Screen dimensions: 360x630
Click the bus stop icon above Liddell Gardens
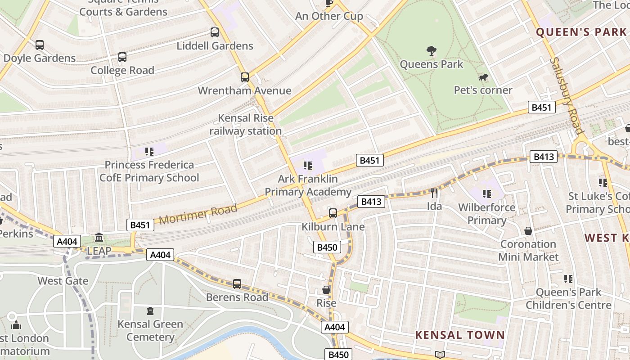pos(215,32)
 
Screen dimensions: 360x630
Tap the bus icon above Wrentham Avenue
pos(245,77)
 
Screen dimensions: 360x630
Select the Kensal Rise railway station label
pos(245,125)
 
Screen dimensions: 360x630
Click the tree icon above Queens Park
pos(431,51)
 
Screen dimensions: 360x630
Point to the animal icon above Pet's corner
pos(483,78)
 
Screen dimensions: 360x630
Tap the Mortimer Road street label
pos(198,214)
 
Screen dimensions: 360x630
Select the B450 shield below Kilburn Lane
pos(327,247)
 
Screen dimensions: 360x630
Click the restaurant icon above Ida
pos(434,193)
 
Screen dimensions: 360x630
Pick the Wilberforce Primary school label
pos(486,214)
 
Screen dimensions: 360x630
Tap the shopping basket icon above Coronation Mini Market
pos(528,231)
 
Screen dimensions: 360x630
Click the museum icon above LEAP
pos(99,237)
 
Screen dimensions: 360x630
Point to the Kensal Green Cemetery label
pos(150,330)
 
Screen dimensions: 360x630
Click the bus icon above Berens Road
pos(237,284)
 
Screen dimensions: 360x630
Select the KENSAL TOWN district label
pos(460,335)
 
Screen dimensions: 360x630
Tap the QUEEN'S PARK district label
pos(581,32)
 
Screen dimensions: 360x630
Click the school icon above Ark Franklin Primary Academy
pos(308,166)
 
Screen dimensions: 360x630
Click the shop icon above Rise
pos(326,290)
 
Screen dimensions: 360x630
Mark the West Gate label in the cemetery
pos(63,281)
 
